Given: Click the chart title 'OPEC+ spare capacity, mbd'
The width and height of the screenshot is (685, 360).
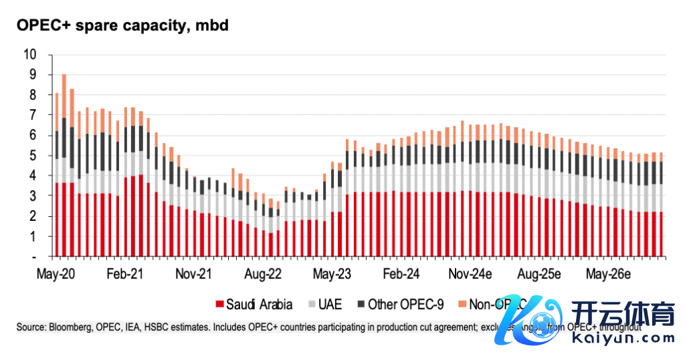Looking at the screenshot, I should [x=123, y=26].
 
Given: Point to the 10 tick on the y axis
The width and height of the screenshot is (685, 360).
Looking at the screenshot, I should [x=29, y=54].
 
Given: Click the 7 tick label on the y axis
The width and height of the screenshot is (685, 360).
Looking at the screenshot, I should [x=32, y=115].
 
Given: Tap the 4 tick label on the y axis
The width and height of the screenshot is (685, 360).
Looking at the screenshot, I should [x=32, y=176].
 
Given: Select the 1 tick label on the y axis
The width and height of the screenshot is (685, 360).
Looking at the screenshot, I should [x=32, y=236].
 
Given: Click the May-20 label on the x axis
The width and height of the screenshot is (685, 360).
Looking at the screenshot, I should [x=55, y=274].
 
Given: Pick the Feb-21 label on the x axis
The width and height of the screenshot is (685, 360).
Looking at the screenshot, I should [x=124, y=274].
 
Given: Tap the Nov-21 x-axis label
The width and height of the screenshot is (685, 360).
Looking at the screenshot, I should [x=193, y=274].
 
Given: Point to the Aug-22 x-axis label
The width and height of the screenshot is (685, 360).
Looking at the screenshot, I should [x=263, y=274].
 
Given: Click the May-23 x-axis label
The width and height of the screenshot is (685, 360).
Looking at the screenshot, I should [x=332, y=274].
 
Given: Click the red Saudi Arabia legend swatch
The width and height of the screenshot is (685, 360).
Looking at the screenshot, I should [x=218, y=305].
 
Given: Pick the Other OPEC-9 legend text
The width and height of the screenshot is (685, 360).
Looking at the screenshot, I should [x=406, y=305].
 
